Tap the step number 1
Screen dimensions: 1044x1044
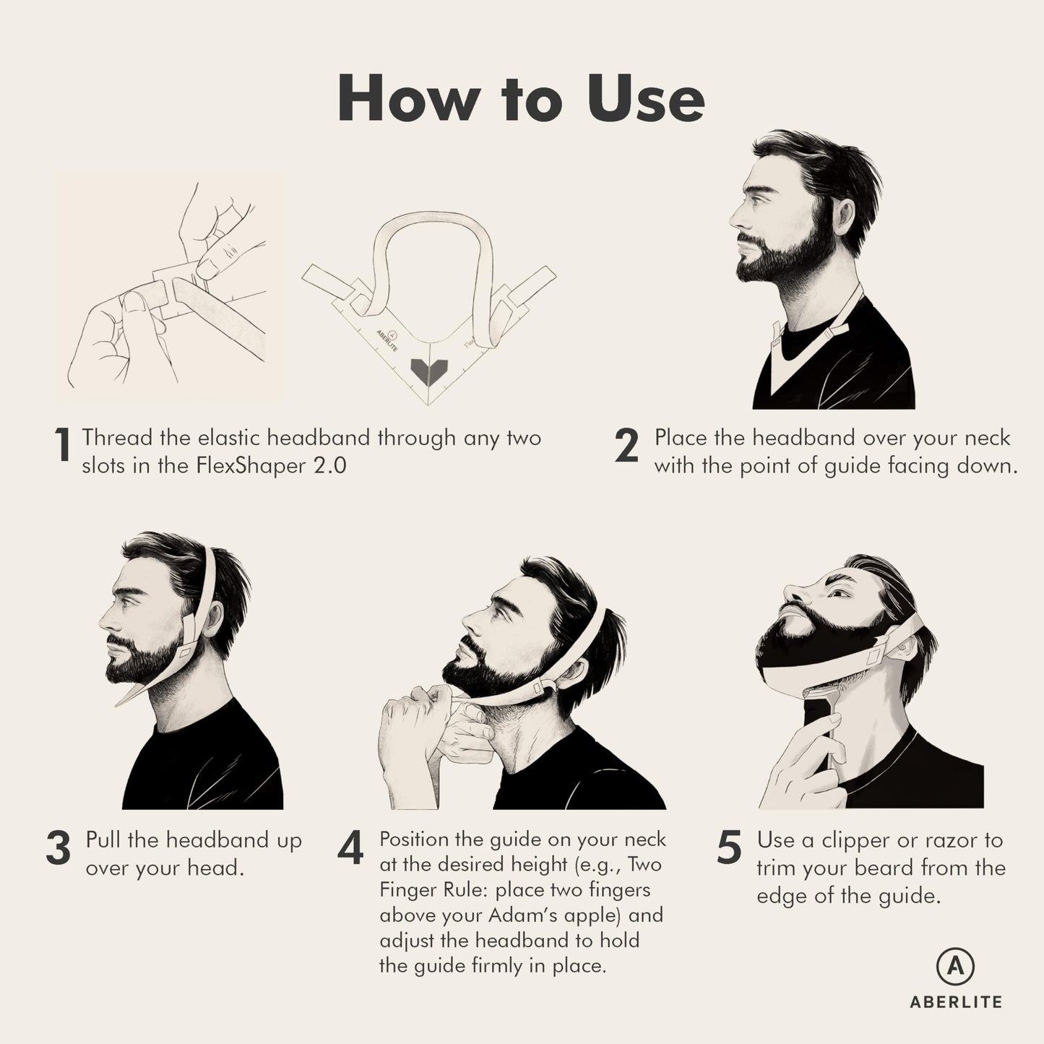64,445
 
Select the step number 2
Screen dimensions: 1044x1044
626,445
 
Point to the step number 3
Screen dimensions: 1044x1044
59,848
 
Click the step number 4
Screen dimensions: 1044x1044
350,849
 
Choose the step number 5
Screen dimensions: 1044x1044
729,847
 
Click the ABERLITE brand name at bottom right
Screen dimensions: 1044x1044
955,1002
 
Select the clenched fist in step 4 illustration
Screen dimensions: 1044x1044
408,708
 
